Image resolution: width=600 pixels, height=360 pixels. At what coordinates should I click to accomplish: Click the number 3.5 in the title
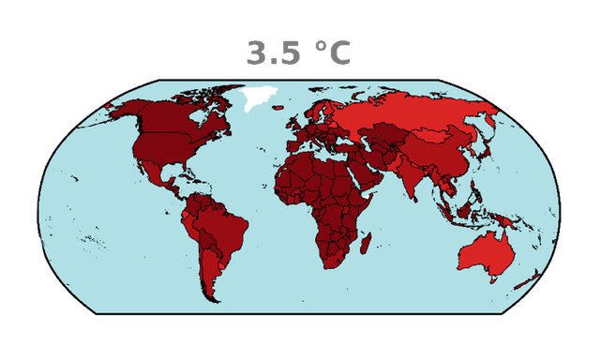pos(274,52)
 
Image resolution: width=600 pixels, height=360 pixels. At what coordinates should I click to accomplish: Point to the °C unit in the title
pos(332,52)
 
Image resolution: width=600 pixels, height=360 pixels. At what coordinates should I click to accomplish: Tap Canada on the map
pos(178,117)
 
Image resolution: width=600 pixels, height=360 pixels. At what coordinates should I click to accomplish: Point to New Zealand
pos(530,277)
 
